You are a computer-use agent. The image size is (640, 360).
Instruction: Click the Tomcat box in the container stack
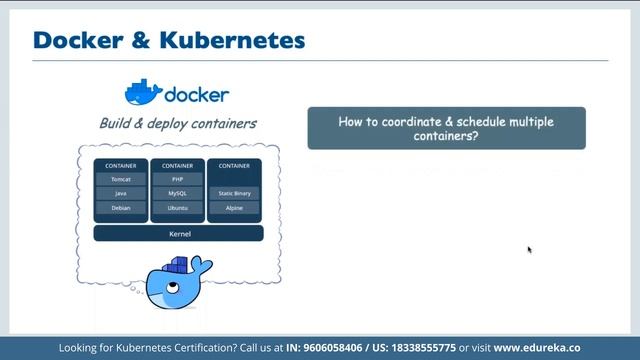pos(121,179)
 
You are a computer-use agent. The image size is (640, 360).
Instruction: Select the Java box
pos(121,193)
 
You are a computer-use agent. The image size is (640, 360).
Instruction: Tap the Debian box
pos(121,208)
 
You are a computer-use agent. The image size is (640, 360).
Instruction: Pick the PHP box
pos(178,179)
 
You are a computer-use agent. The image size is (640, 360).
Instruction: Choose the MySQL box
pos(178,193)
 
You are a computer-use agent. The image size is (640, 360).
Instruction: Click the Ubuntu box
pos(178,208)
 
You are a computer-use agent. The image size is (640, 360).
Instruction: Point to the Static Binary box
pos(235,193)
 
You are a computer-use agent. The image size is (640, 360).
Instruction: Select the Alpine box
pos(235,208)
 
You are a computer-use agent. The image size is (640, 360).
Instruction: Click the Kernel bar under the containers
pos(178,233)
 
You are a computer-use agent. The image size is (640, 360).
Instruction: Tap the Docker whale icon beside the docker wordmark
pos(142,93)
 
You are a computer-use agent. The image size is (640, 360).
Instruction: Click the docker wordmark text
pos(196,96)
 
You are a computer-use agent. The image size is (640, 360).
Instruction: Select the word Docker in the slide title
pos(72,41)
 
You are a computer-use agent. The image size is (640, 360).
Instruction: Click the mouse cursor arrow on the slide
pos(529,250)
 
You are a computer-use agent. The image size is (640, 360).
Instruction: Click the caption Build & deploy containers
pos(177,124)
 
